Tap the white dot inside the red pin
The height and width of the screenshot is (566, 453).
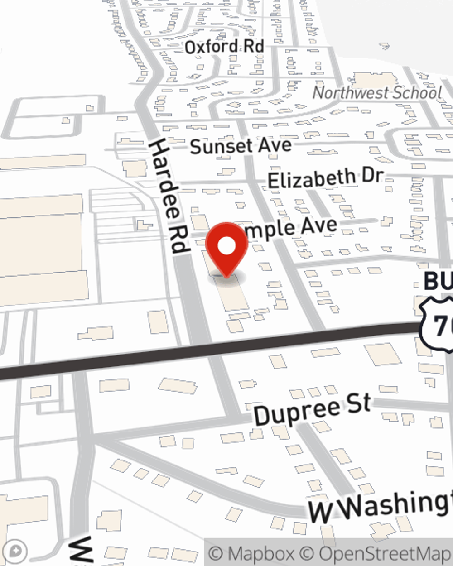coord(227,246)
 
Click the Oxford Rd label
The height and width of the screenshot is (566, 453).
coord(224,46)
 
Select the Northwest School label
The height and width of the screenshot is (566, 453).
coord(377,93)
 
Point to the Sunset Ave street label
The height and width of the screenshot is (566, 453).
coord(241,146)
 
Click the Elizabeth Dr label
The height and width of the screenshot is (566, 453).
coord(326,178)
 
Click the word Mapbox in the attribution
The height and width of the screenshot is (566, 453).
coord(261,554)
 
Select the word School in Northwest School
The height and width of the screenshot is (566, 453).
coord(417,92)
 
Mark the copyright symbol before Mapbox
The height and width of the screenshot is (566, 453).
coord(217,554)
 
